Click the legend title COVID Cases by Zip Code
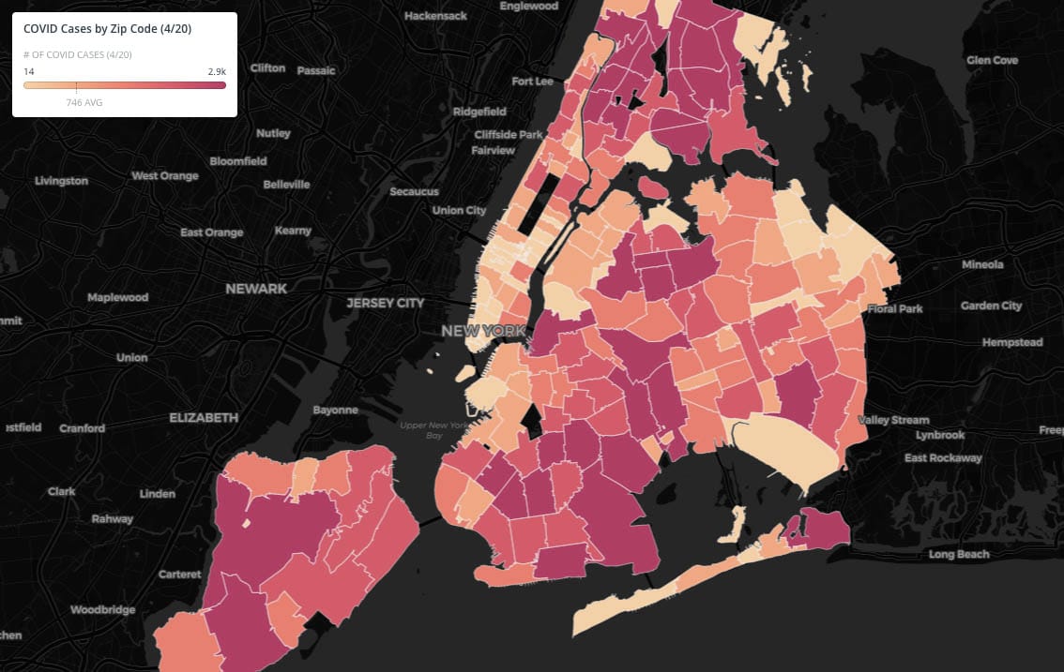107,29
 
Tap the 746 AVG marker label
84,102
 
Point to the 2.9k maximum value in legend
216,71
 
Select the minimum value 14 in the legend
29,71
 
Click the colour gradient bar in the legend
125,85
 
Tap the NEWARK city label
256,289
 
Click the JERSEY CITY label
385,303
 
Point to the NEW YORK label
483,331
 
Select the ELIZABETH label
204,417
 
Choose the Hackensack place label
435,17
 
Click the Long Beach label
959,555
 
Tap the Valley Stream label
893,420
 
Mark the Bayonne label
335,410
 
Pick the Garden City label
991,306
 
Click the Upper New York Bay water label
433,430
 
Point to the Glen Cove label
992,60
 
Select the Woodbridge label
103,609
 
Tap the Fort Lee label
532,82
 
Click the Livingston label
61,180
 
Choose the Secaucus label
414,191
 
